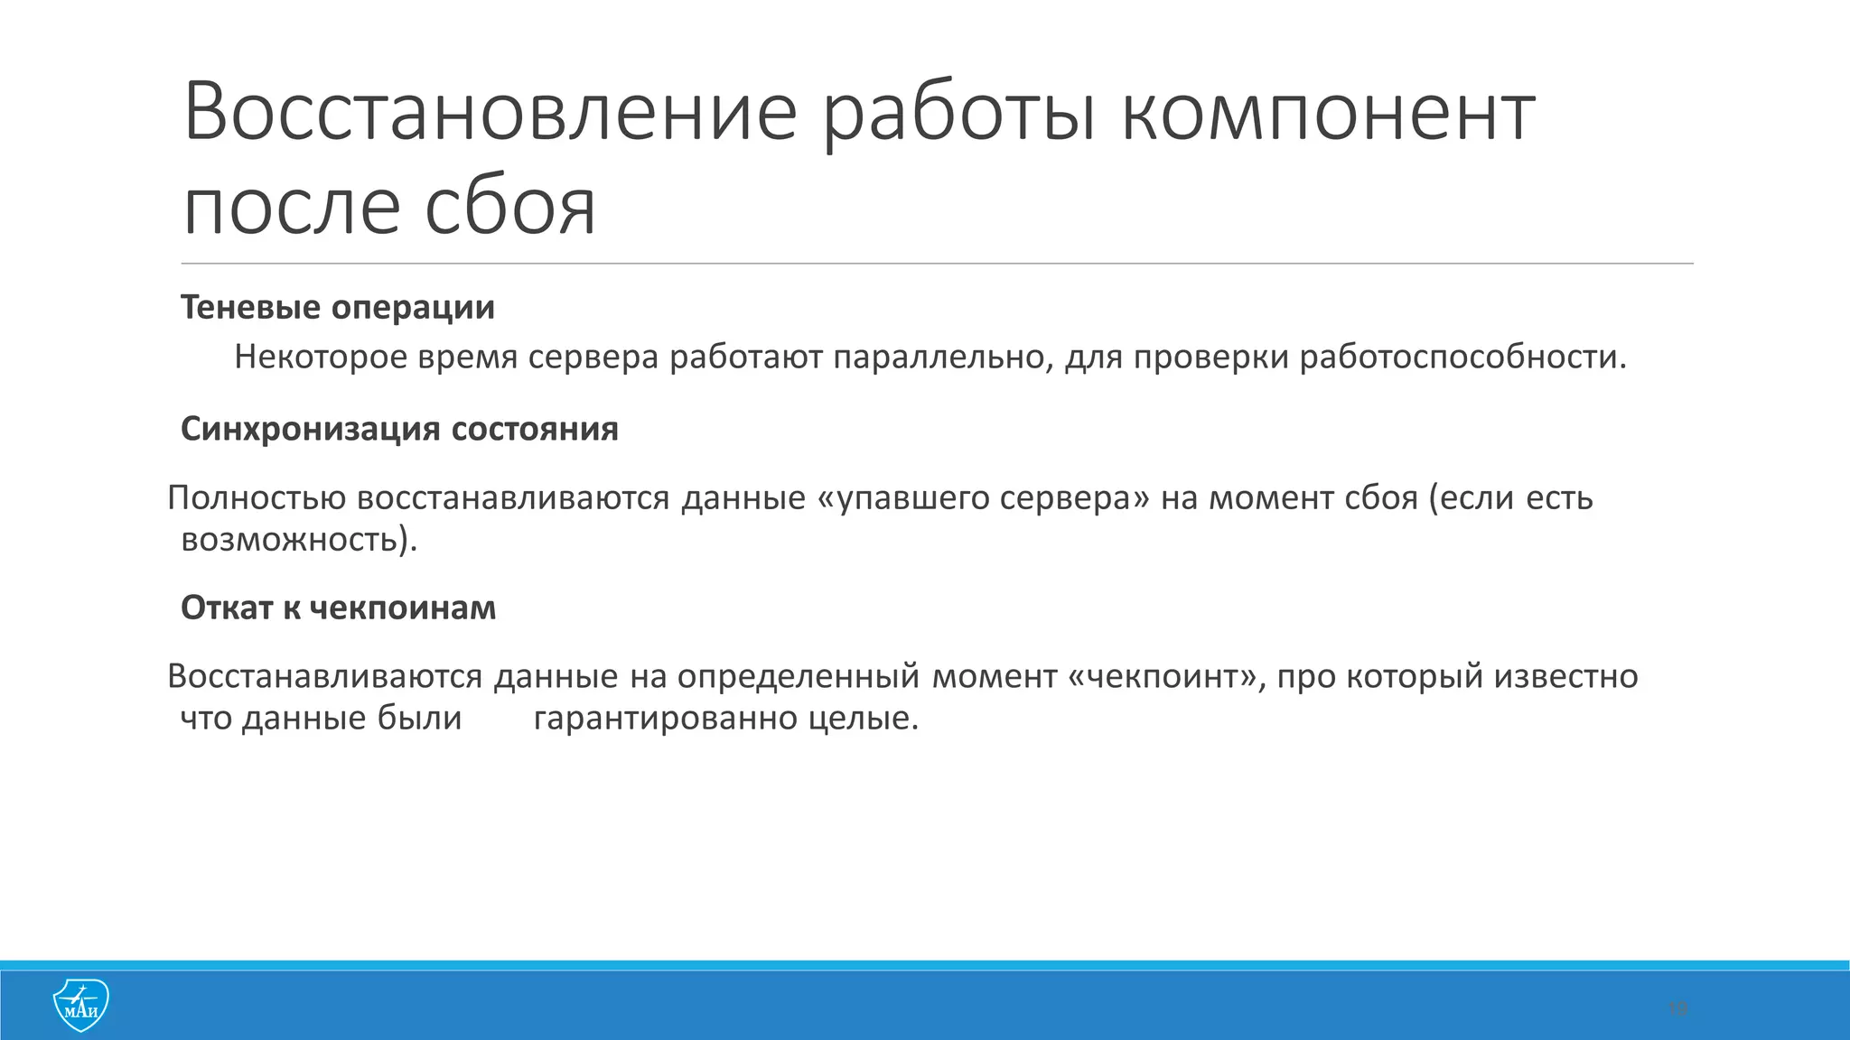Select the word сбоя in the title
pos(510,209)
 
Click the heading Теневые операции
pos(338,308)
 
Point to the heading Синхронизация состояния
pos(399,429)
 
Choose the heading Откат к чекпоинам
pos(338,608)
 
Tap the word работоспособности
pos(1462,358)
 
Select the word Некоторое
pos(320,358)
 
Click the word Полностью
pos(257,498)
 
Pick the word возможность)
pos(299,540)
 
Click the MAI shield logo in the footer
pos(80,1005)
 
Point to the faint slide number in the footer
pos(1677,1008)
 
